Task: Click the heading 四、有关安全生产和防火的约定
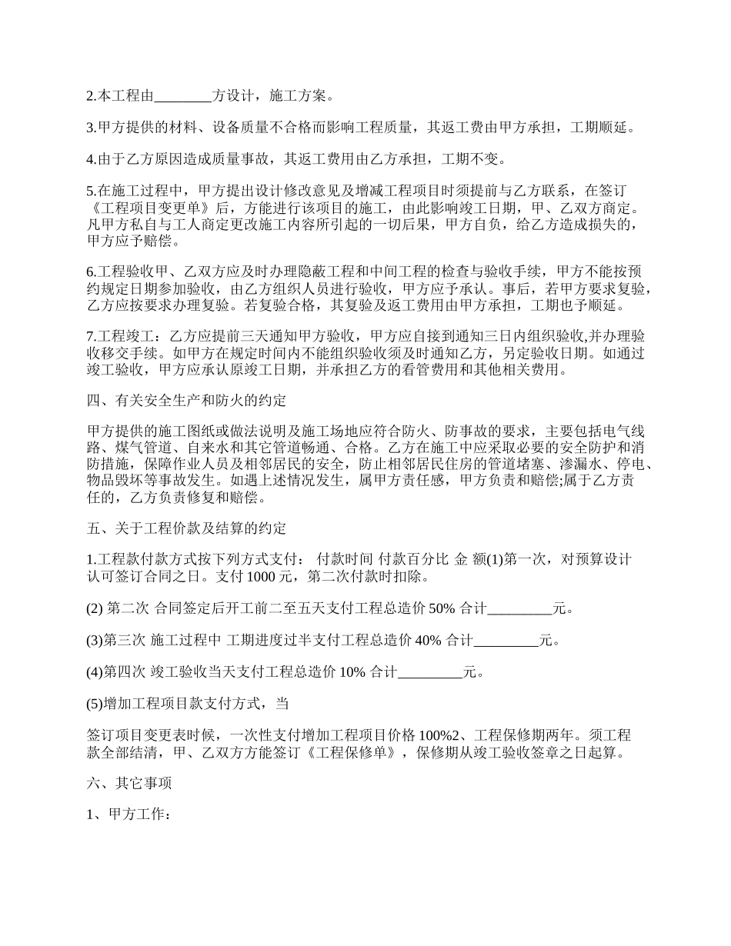point(185,401)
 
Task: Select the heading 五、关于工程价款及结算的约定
point(185,528)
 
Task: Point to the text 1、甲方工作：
point(128,815)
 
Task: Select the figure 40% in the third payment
point(428,640)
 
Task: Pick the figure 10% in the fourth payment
point(352,672)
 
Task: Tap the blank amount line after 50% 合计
point(520,608)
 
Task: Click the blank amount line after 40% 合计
point(506,640)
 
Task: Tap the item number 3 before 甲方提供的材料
point(90,128)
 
